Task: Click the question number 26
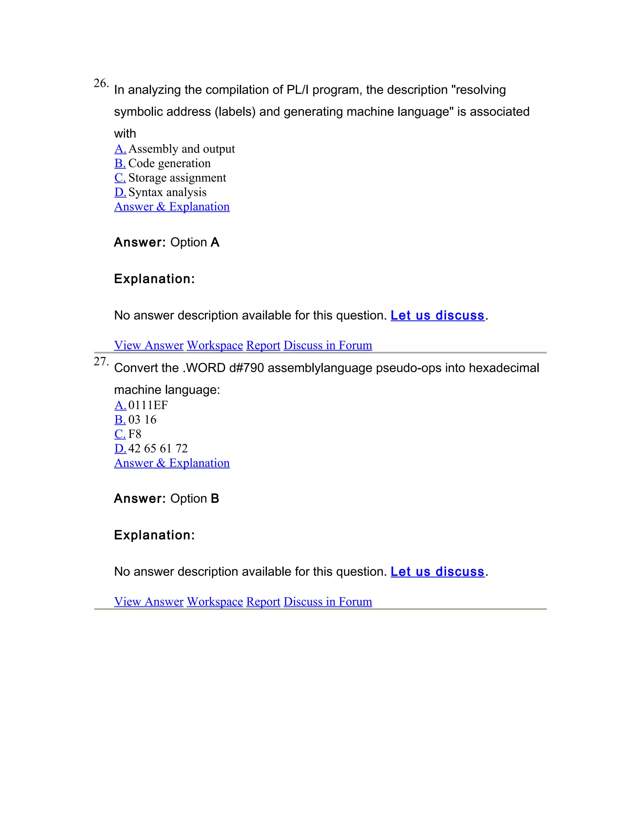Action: coord(101,83)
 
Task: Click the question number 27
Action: coord(101,361)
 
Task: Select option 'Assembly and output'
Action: coord(181,149)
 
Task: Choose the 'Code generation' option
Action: coord(169,163)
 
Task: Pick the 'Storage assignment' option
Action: coord(177,178)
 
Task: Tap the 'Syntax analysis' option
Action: coord(167,192)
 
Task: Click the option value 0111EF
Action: coord(148,405)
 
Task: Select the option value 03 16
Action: coord(142,420)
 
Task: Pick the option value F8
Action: coord(134,434)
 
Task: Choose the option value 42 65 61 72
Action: coord(158,448)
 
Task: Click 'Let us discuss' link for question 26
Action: coord(438,315)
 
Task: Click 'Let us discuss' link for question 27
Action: coord(438,572)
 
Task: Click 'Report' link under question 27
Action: coord(263,601)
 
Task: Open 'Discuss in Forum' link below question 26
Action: coord(327,345)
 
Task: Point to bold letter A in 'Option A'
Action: coord(215,242)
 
